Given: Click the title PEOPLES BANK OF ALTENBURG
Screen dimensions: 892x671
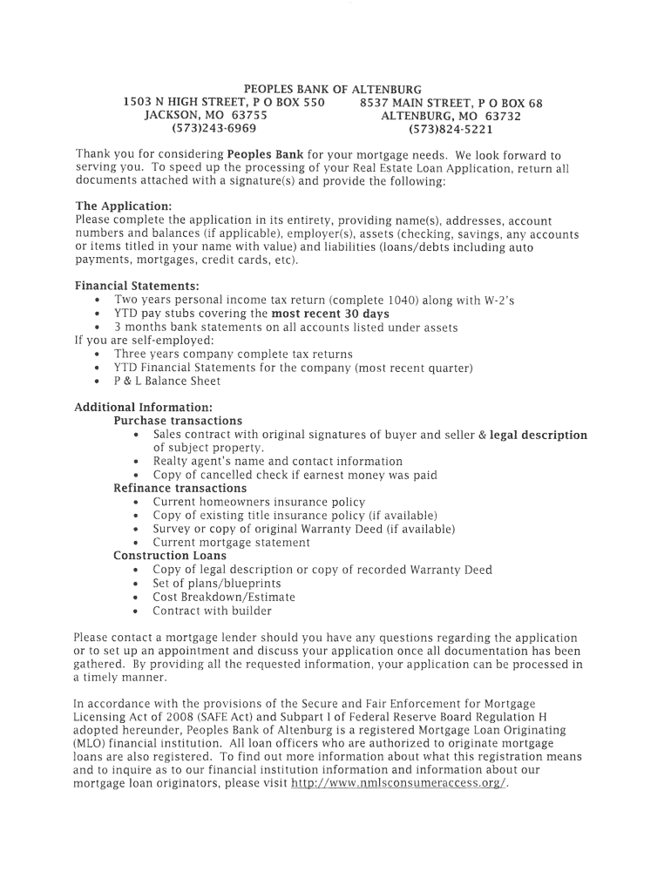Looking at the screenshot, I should tap(332, 90).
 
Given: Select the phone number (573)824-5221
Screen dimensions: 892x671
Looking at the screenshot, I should tap(451, 130).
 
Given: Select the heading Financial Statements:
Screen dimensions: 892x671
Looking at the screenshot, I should tap(137, 286).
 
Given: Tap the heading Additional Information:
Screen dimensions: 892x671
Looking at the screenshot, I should tap(143, 407).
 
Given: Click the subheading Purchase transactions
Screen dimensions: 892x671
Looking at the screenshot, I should tap(178, 421).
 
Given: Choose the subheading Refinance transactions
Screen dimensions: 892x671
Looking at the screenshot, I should tap(180, 489).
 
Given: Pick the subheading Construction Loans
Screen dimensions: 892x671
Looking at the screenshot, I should tap(170, 556).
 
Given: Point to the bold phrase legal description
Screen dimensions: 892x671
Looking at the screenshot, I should tap(539, 435).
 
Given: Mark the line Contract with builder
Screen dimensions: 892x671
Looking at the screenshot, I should tap(212, 611).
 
